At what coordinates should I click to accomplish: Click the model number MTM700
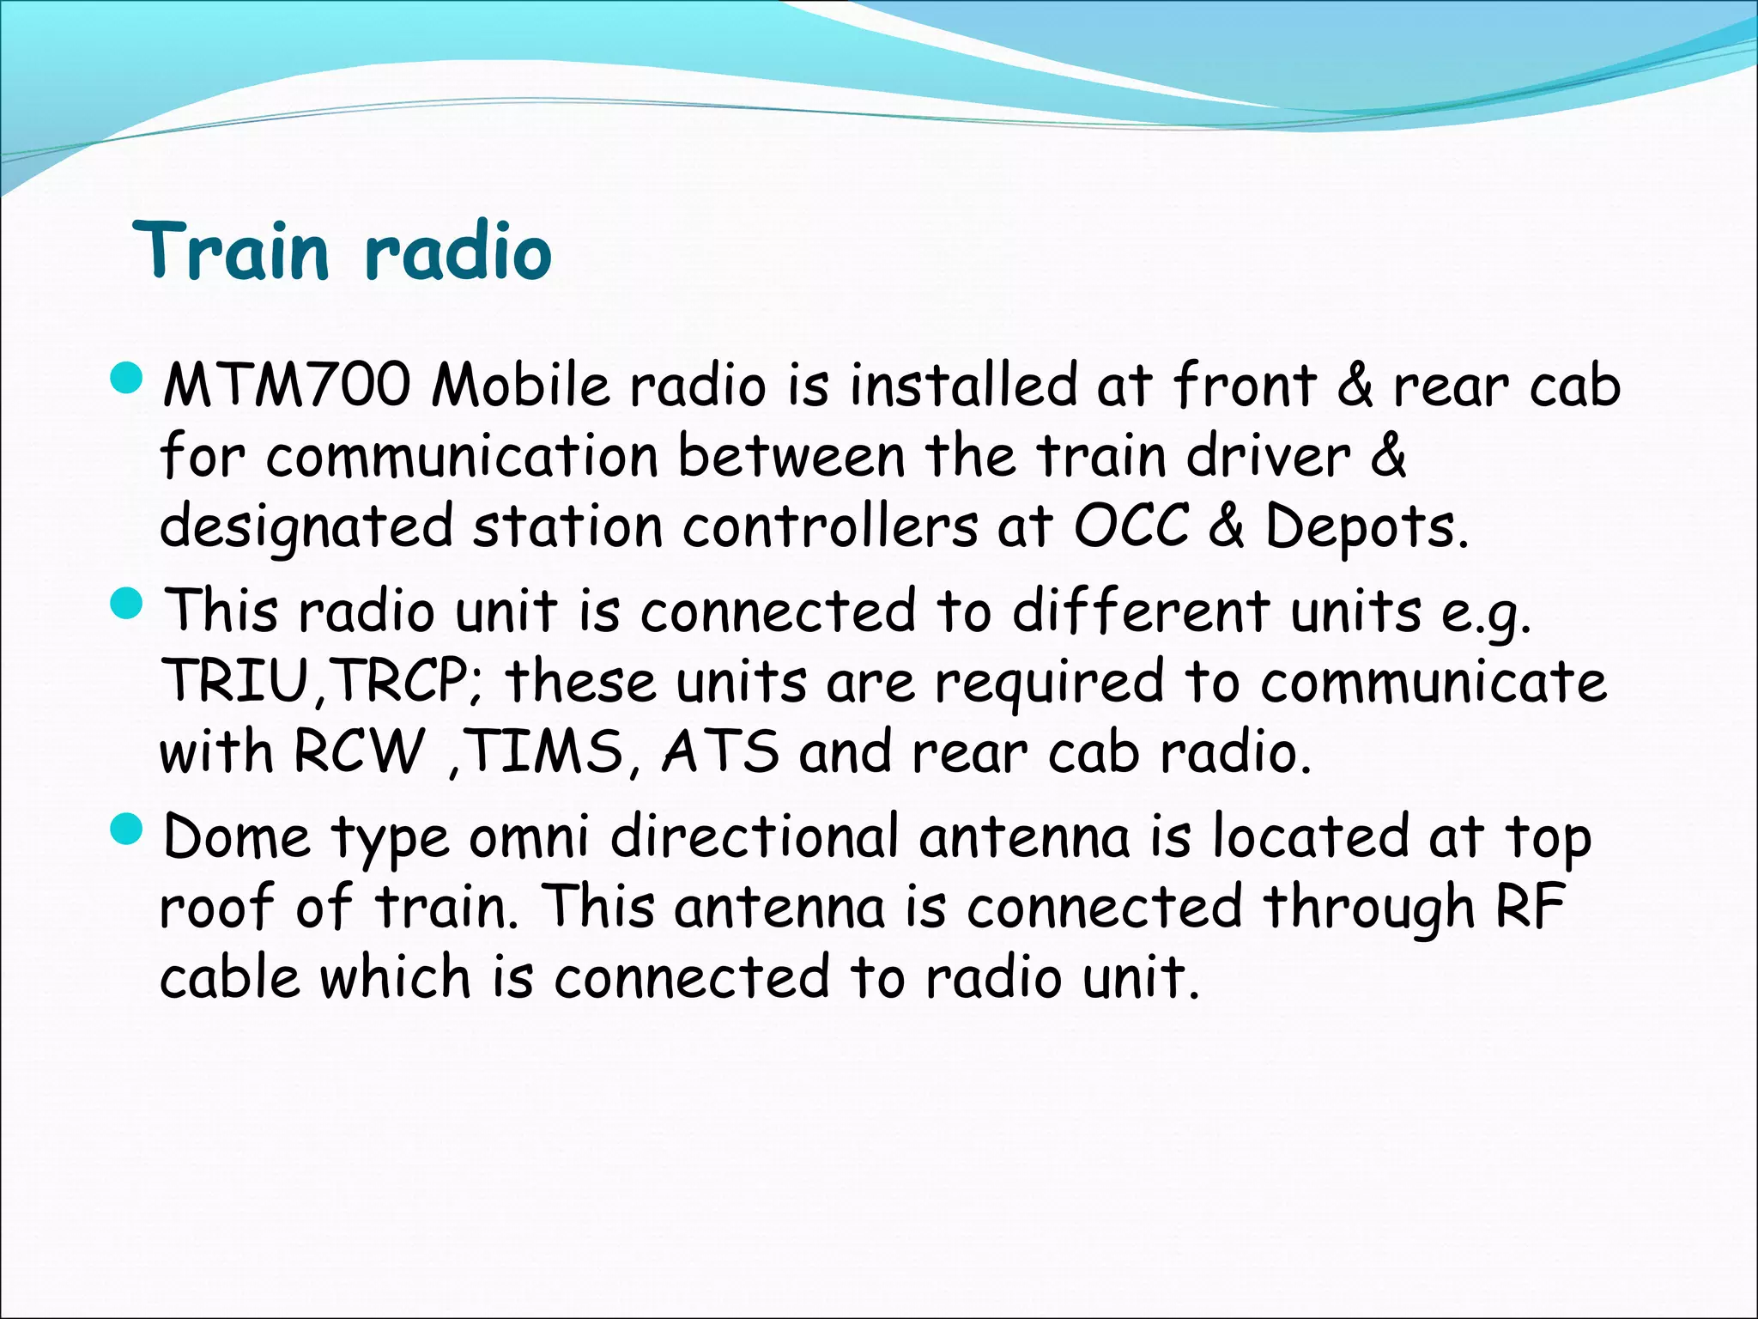[x=287, y=386]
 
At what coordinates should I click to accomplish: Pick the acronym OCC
[x=1131, y=526]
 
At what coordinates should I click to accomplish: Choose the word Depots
[x=1367, y=526]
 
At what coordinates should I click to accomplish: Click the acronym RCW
[x=359, y=752]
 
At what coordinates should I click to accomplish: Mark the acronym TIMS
[x=546, y=752]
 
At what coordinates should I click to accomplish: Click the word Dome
[x=236, y=837]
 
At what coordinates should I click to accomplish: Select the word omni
[x=529, y=837]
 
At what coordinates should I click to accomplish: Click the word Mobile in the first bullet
[x=520, y=386]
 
